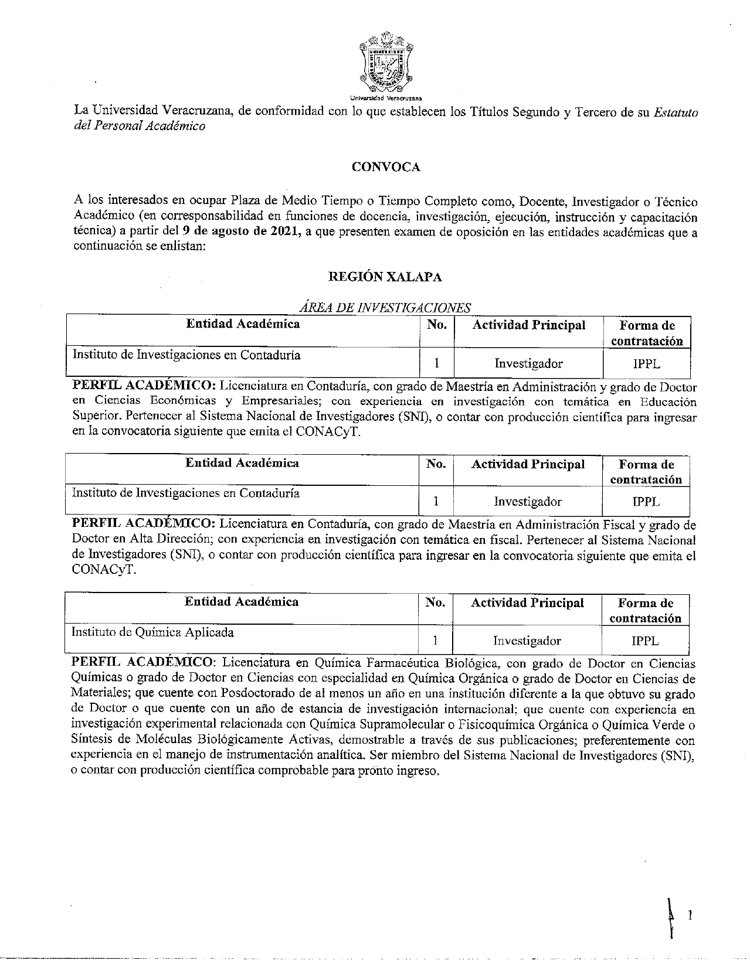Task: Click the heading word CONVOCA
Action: pyautogui.click(x=385, y=167)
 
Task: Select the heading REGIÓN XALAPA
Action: pyautogui.click(x=385, y=277)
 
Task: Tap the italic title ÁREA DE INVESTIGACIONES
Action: pyautogui.click(x=385, y=308)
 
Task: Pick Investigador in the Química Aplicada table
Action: pyautogui.click(x=527, y=641)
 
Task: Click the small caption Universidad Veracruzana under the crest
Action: pyautogui.click(x=386, y=98)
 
